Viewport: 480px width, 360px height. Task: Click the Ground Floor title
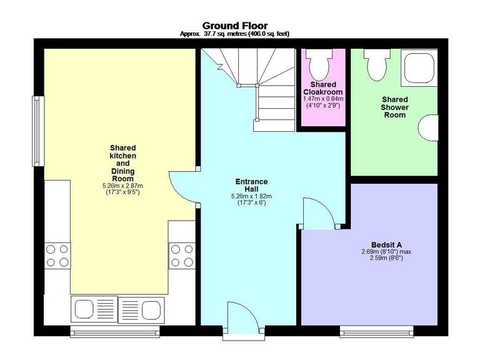click(235, 26)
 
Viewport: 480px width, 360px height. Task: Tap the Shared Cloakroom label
click(323, 88)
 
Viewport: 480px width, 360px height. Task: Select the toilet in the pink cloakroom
click(319, 65)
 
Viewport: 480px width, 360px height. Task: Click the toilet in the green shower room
click(377, 65)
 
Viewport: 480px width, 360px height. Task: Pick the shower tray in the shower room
click(419, 67)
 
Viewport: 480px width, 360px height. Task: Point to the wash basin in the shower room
click(428, 127)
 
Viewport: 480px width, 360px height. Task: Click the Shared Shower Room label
click(394, 107)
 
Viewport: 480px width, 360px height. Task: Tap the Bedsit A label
click(386, 245)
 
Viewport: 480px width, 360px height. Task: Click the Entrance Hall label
click(251, 185)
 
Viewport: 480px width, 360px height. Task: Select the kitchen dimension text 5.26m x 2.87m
click(122, 186)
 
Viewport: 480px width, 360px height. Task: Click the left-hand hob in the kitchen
click(57, 256)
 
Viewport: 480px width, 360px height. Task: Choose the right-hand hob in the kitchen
click(182, 256)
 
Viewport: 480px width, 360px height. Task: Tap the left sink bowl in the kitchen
click(84, 309)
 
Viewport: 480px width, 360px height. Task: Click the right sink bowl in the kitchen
click(151, 309)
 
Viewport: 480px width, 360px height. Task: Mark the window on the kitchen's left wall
click(38, 131)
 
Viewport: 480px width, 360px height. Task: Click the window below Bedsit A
click(376, 332)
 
